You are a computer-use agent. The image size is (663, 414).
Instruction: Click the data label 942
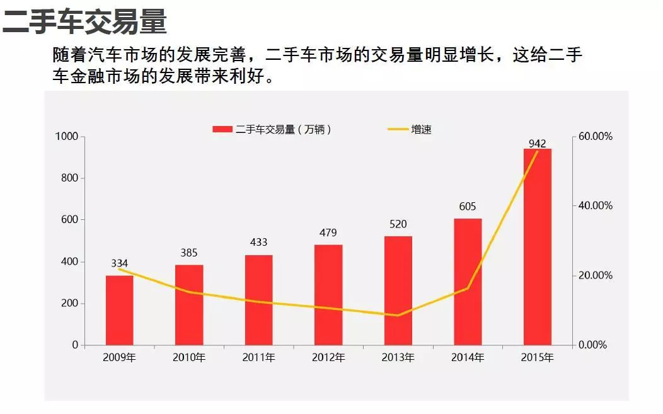pos(537,143)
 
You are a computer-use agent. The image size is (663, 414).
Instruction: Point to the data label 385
pos(188,253)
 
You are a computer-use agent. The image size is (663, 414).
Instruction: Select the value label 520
pos(398,224)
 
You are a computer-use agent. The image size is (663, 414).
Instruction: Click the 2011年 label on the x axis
pos(258,358)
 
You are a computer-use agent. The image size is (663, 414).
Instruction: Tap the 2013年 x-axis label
pos(398,358)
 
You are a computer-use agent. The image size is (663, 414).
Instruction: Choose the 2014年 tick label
pos(468,358)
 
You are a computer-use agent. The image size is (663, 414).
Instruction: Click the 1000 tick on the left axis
pos(66,137)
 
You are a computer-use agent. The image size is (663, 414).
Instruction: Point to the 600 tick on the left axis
pos(70,220)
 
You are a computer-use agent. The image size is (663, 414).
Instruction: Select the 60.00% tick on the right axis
pos(595,137)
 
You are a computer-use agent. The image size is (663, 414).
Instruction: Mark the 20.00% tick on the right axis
pos(595,275)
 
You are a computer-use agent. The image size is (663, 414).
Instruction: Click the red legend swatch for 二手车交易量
pos(222,130)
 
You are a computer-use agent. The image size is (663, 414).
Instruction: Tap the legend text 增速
pos(421,130)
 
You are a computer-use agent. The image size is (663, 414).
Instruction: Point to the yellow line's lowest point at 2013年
pos(398,315)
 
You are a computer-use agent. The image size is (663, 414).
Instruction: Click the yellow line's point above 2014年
pos(468,289)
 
